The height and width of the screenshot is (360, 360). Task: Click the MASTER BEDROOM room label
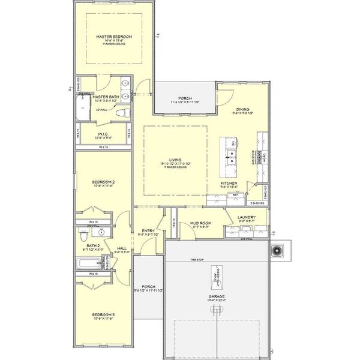click(x=114, y=37)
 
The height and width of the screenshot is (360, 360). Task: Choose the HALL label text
click(x=122, y=248)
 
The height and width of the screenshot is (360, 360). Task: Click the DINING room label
click(x=242, y=110)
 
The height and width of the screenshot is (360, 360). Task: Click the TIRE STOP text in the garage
click(x=198, y=260)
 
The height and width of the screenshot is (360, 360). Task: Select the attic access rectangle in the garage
click(x=214, y=281)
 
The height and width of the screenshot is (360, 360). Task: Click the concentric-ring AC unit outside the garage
click(x=278, y=250)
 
